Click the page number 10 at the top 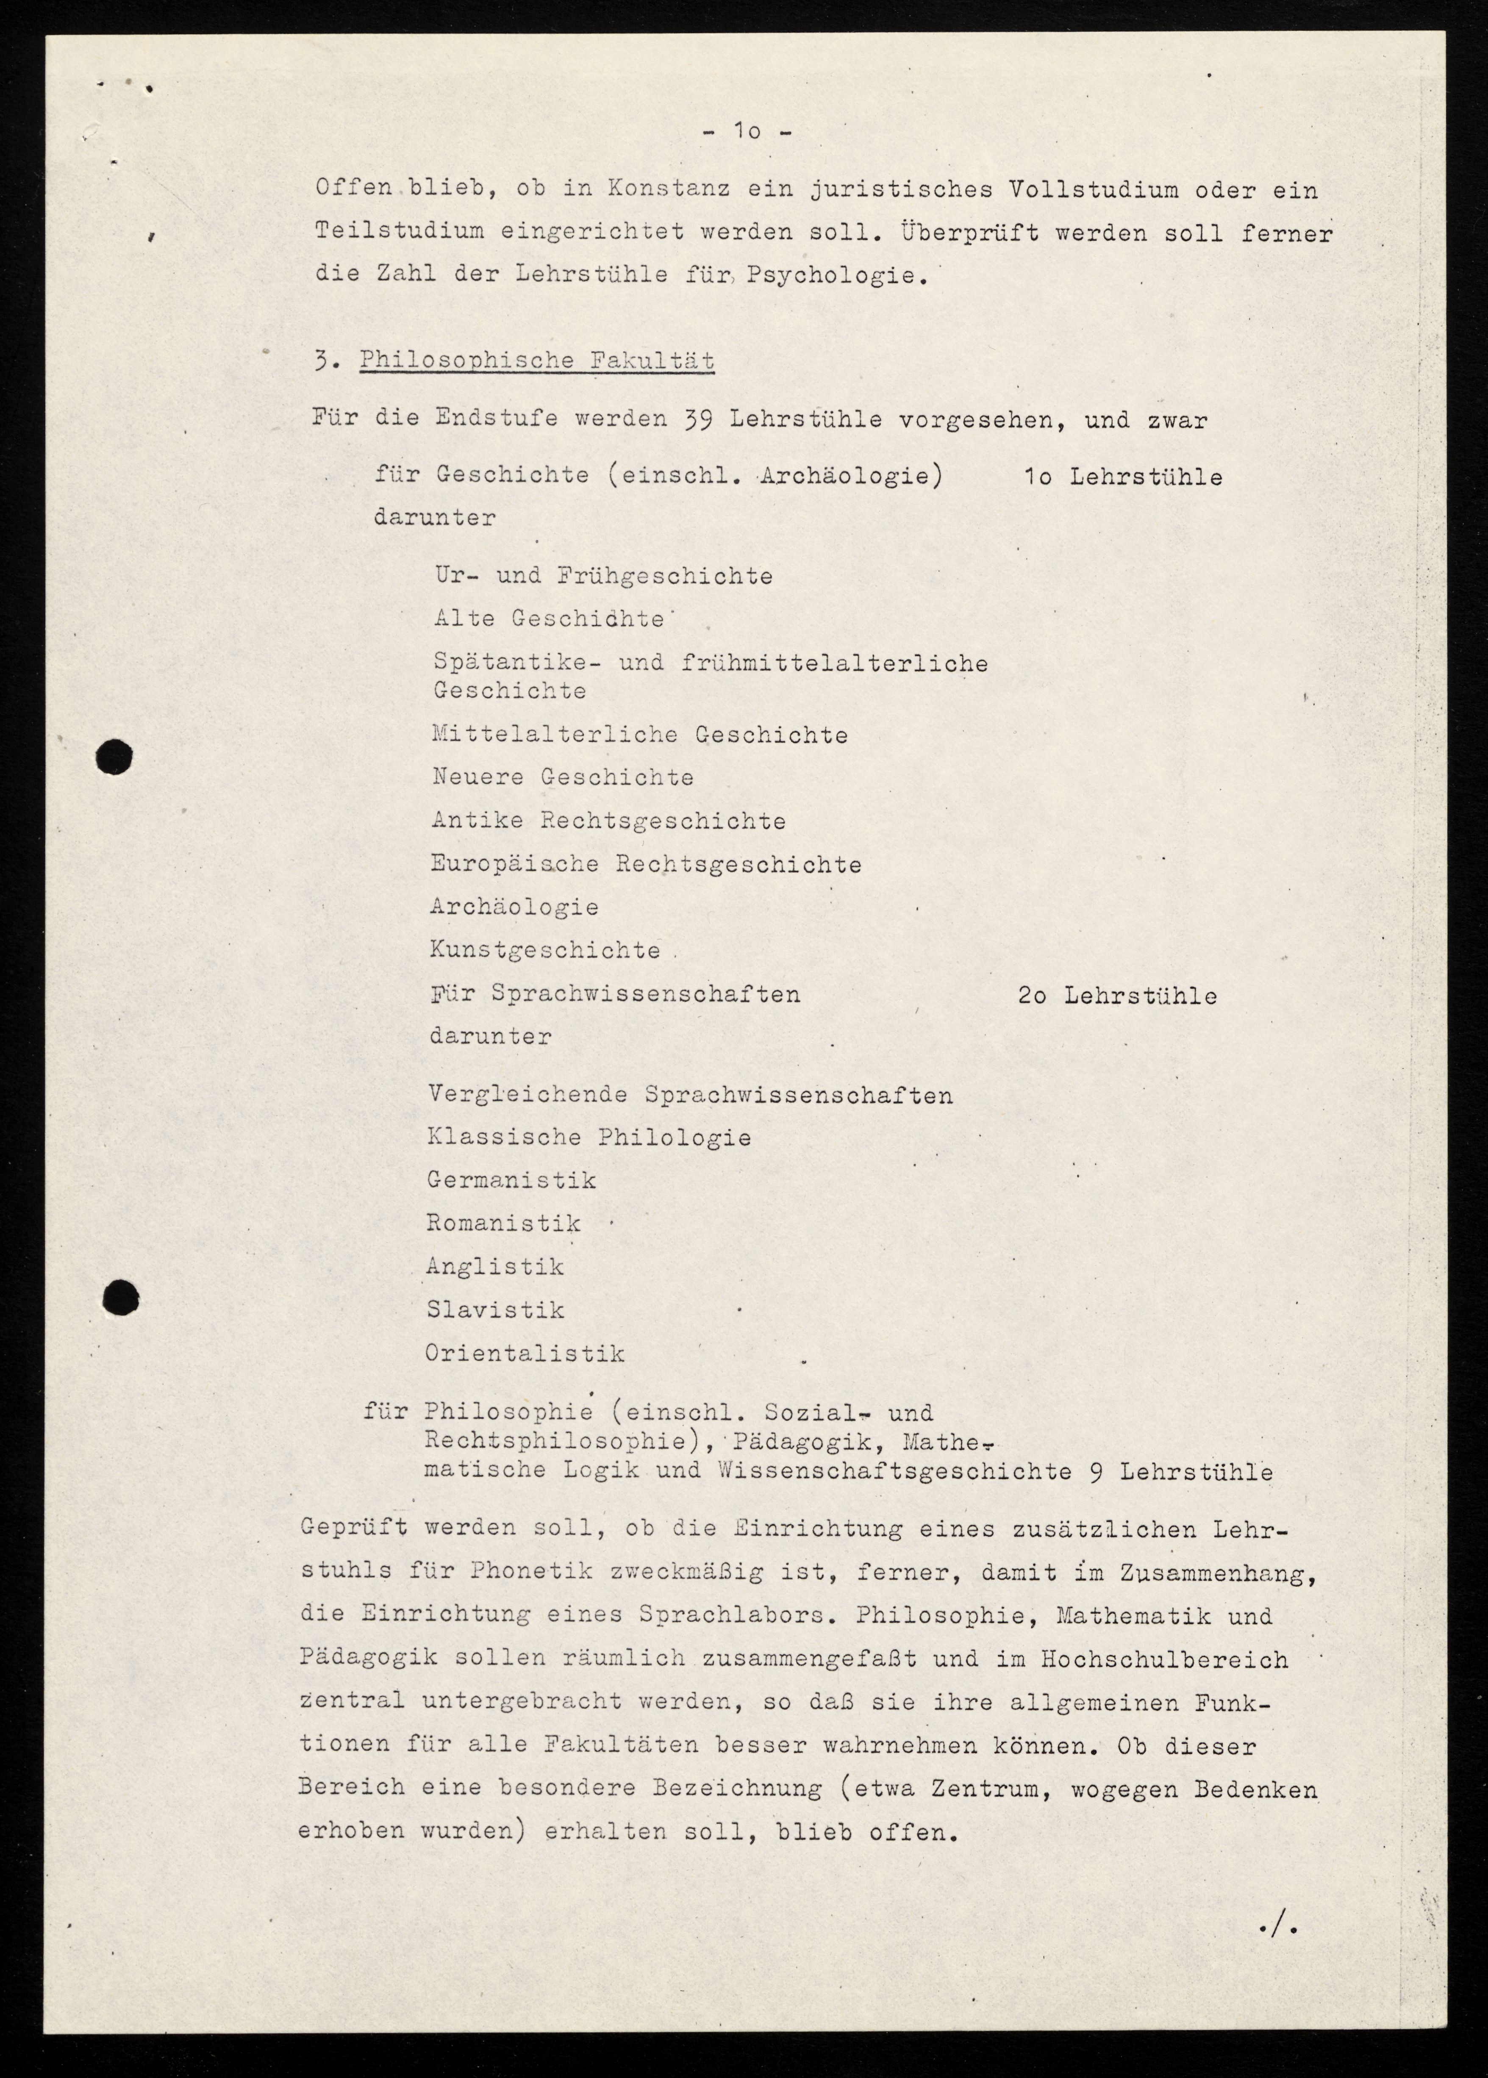(x=747, y=132)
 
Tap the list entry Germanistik (x=511, y=1180)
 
